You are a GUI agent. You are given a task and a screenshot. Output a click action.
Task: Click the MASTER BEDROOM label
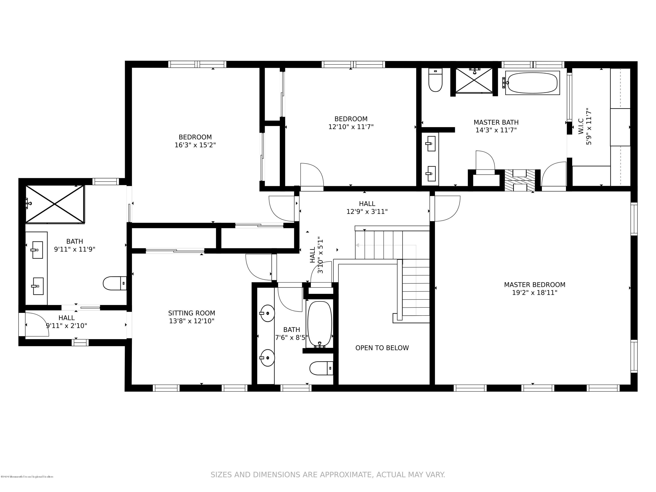pos(534,285)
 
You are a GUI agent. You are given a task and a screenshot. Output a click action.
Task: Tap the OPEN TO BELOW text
pos(382,348)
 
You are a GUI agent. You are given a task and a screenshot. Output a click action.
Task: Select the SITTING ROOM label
pos(192,313)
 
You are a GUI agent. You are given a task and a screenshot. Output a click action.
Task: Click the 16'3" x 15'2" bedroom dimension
pos(195,145)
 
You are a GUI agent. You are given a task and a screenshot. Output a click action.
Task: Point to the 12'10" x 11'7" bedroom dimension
pos(351,127)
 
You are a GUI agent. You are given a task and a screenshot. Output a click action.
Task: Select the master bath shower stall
pos(474,81)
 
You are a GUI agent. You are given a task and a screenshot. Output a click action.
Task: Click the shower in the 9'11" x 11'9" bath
pos(55,204)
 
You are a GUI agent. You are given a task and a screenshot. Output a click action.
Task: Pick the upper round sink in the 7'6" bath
pos(267,313)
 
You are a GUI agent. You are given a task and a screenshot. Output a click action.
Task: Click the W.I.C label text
pos(581,127)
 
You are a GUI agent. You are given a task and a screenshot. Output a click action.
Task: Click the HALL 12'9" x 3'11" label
pos(367,207)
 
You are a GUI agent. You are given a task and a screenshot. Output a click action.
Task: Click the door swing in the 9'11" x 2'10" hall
pos(37,325)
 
